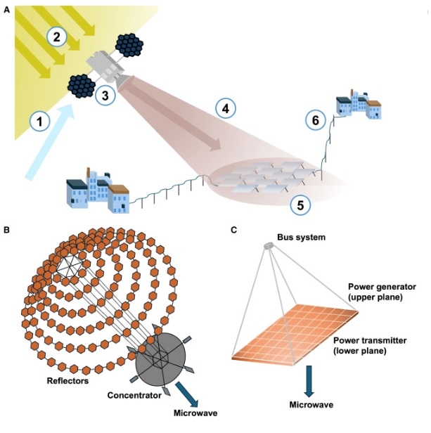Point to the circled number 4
224,108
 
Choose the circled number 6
316,121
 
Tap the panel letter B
7,229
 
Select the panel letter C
232,229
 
